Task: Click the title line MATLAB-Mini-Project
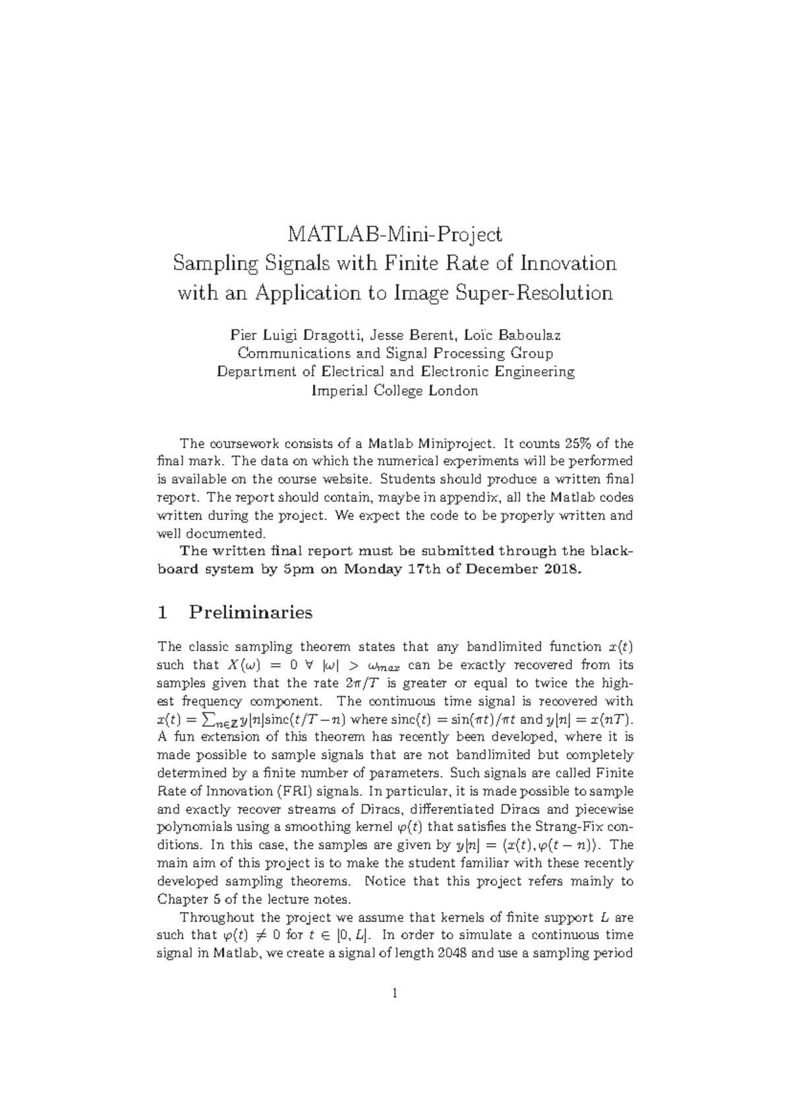(394, 234)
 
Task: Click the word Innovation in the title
(568, 264)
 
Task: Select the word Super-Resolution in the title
(535, 293)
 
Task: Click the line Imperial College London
(394, 391)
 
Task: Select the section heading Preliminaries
(250, 613)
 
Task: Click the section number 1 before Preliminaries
(163, 613)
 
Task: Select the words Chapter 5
(185, 899)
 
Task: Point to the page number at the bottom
(394, 993)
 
